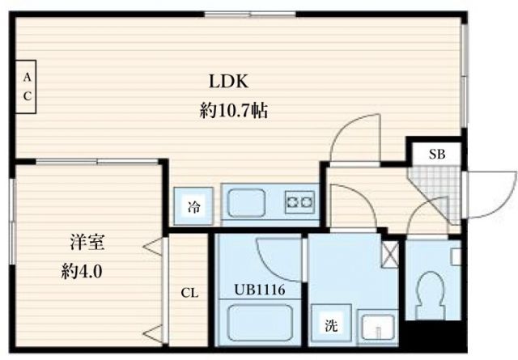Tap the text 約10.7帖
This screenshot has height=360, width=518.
(x=233, y=112)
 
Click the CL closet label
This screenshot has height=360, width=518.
(x=190, y=292)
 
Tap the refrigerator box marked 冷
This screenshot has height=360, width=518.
(x=194, y=206)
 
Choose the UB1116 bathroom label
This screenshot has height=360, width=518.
(x=259, y=289)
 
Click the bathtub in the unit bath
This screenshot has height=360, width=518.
(x=258, y=328)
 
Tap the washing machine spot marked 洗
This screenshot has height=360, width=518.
(x=331, y=326)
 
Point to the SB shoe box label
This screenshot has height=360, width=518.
(x=434, y=154)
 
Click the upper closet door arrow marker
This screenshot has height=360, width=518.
(x=152, y=244)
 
